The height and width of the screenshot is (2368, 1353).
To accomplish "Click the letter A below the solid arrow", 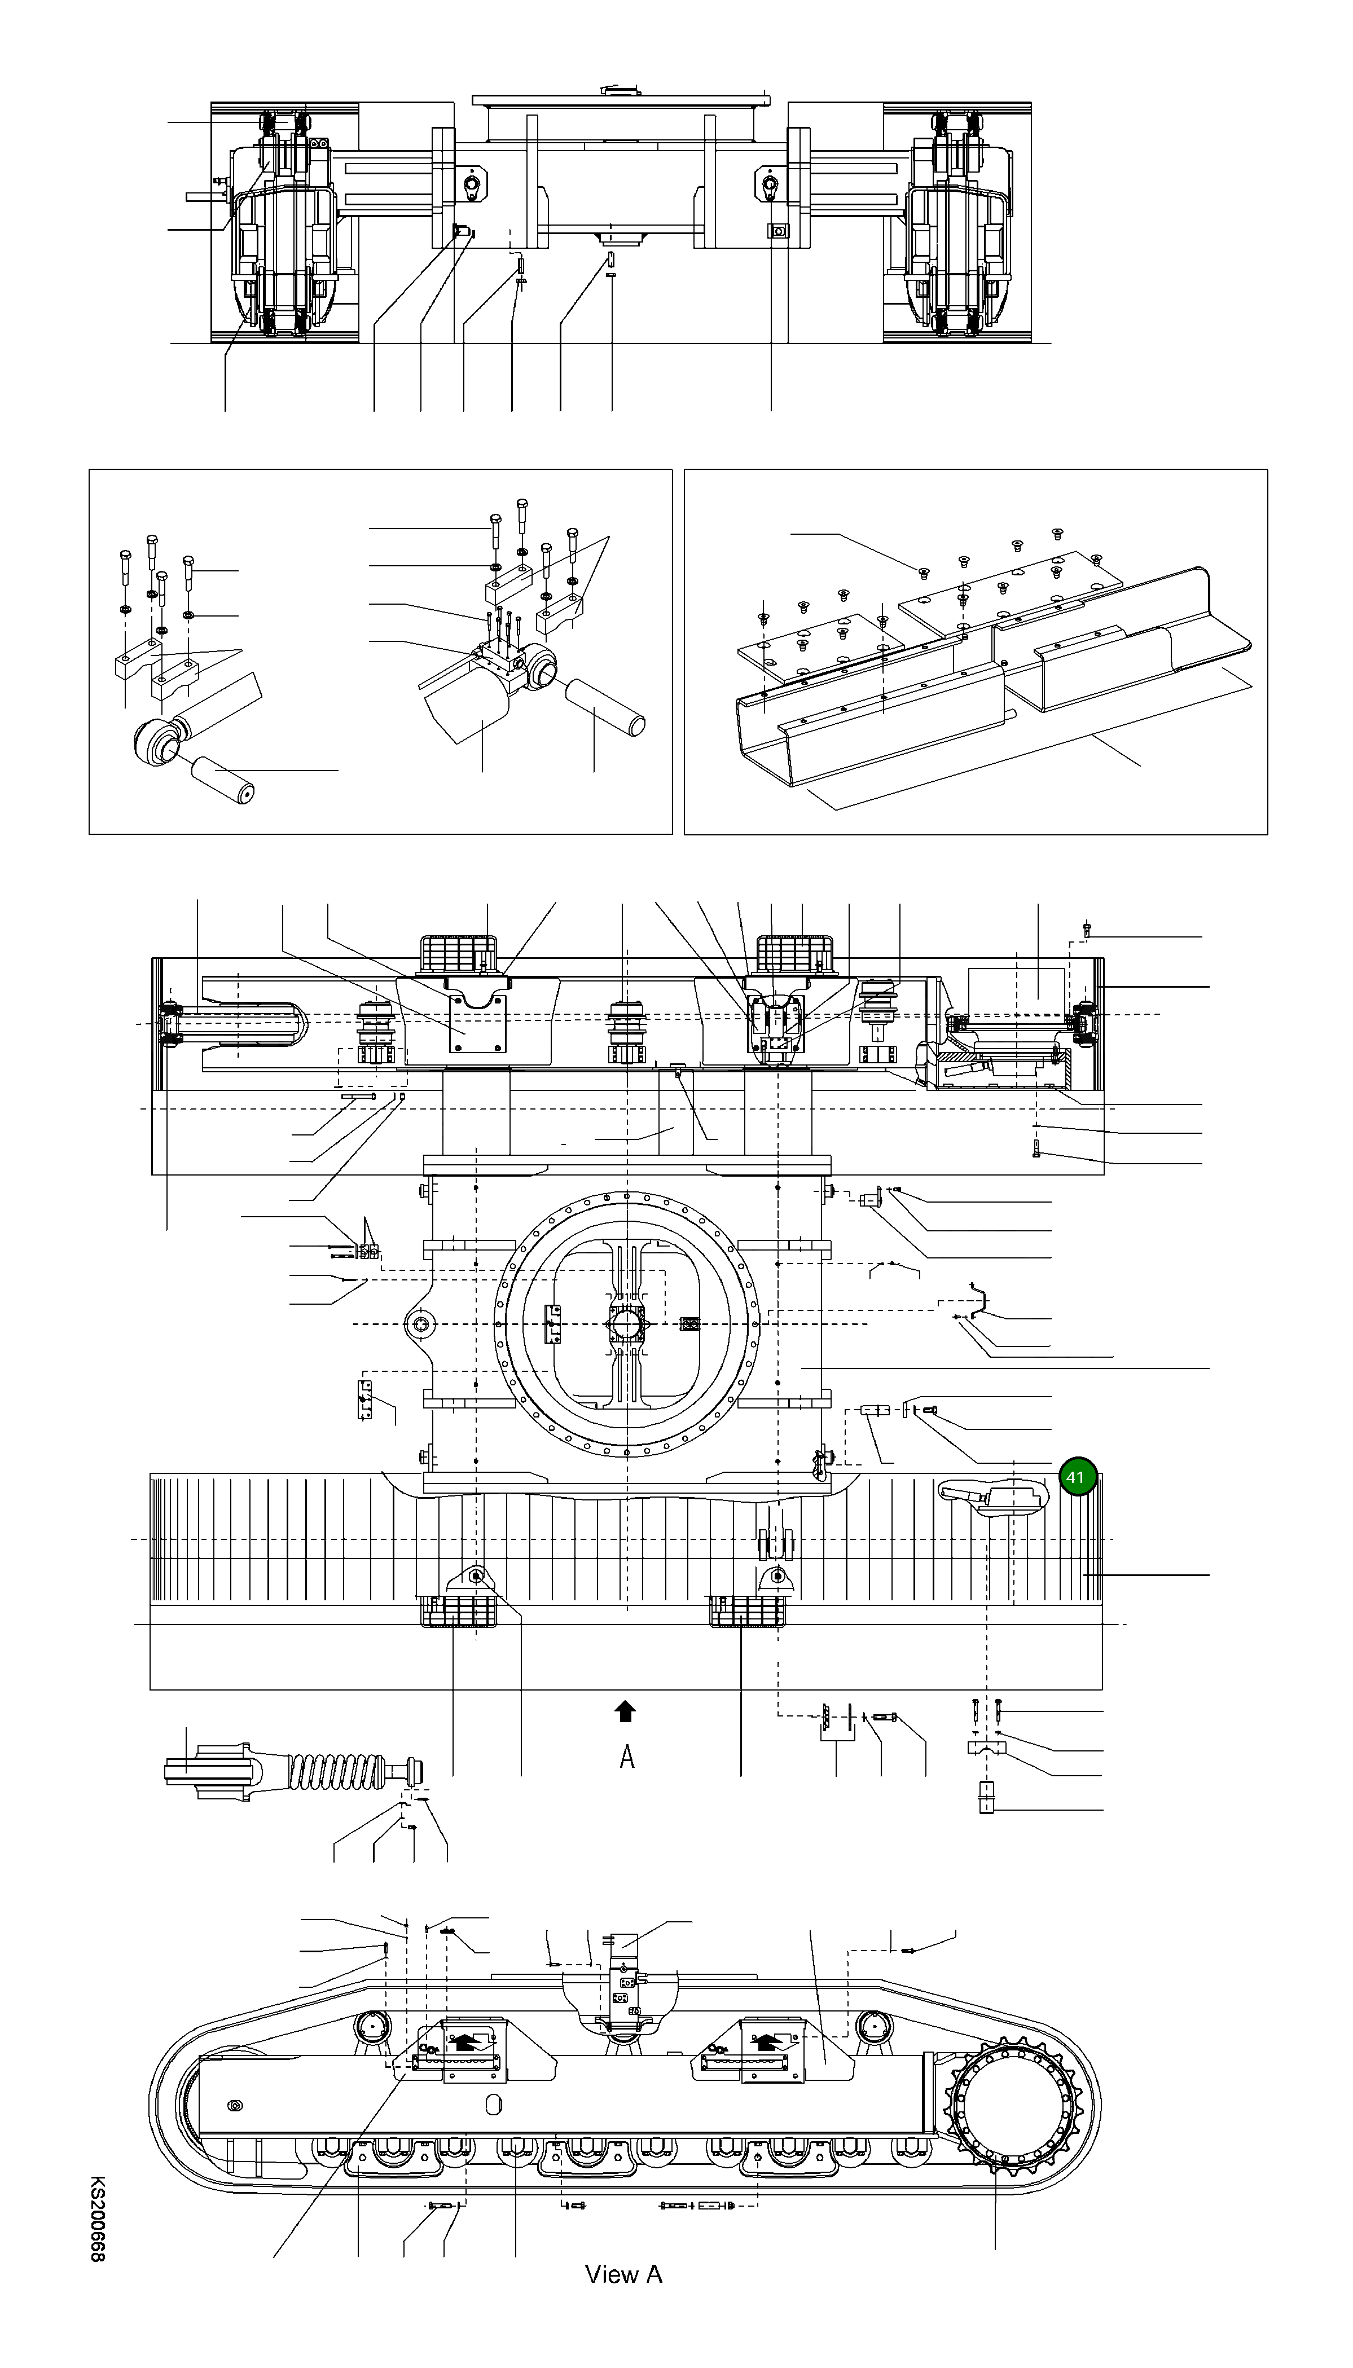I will (x=627, y=1757).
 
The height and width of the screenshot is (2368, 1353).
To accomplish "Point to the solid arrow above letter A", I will (x=625, y=1710).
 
